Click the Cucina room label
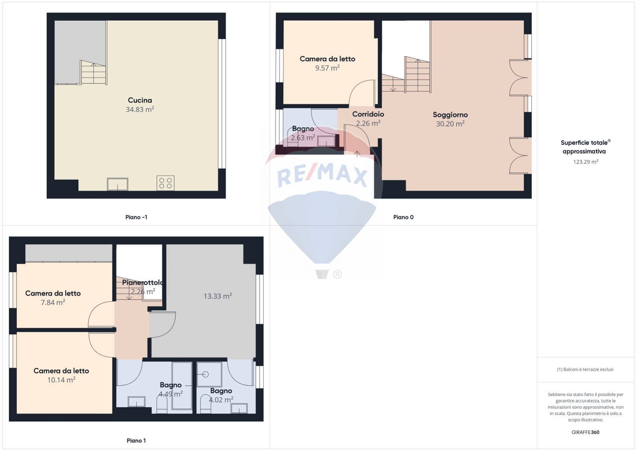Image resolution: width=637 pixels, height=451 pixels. tap(140, 100)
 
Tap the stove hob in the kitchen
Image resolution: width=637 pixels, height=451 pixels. tap(165, 183)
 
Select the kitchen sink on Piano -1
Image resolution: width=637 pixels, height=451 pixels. tap(117, 184)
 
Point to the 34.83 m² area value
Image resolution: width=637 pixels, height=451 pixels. tap(140, 109)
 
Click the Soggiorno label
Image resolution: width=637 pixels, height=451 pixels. tap(450, 115)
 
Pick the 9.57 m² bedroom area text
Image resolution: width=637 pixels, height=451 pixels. tap(327, 68)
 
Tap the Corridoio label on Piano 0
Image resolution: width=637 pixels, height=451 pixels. tap(368, 114)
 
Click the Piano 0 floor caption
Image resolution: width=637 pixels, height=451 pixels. tap(403, 217)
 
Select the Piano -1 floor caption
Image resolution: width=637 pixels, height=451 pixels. tap(136, 217)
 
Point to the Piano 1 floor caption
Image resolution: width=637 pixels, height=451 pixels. tap(136, 440)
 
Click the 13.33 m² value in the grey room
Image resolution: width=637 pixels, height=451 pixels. tap(217, 296)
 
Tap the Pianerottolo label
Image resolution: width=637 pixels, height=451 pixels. tap(142, 282)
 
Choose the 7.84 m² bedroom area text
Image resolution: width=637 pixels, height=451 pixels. tap(53, 303)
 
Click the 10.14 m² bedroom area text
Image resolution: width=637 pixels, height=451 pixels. tap(61, 380)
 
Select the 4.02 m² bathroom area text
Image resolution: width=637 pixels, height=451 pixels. tap(221, 400)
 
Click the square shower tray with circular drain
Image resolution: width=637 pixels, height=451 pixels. tap(209, 374)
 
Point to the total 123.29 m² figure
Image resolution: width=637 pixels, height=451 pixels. tap(585, 162)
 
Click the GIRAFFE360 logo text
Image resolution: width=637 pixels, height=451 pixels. tap(585, 432)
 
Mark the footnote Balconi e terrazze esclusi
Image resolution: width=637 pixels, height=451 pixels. tap(585, 369)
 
